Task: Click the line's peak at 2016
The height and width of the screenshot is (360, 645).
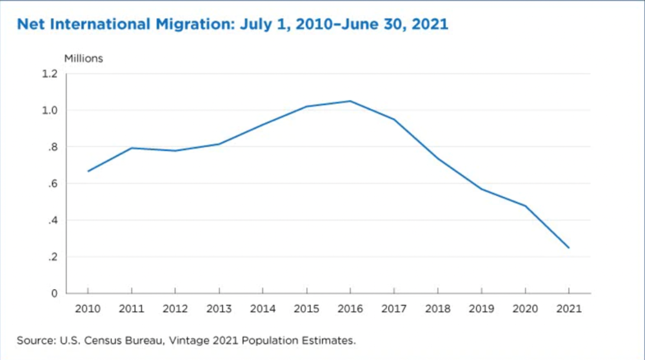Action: coord(350,101)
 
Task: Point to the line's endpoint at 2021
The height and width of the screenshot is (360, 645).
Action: coord(568,248)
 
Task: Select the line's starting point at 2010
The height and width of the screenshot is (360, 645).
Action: coord(88,171)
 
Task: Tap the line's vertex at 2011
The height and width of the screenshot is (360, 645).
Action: coord(132,148)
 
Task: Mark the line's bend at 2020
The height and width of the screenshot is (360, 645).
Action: coord(525,206)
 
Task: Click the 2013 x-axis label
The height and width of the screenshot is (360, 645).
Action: coord(219,309)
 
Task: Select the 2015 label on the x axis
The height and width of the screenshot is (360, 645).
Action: coord(306,309)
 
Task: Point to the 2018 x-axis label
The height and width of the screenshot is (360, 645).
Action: coord(437,309)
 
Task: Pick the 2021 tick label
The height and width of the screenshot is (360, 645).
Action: coord(568,309)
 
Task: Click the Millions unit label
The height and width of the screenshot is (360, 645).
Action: coord(83,58)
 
